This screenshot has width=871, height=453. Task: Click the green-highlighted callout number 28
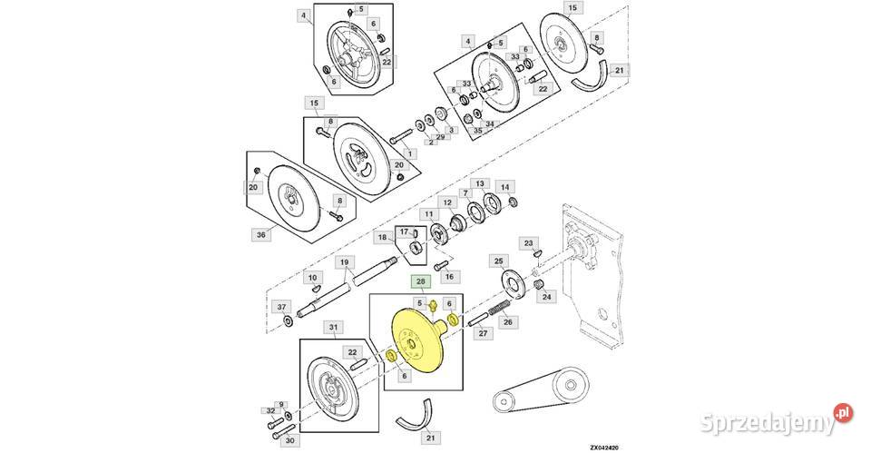pyautogui.click(x=420, y=282)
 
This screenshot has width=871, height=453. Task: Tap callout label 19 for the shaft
pyautogui.click(x=345, y=261)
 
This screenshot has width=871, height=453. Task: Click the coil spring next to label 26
pyautogui.click(x=499, y=309)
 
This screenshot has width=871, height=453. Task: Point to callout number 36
pyautogui.click(x=261, y=234)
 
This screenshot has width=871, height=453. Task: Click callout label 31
pyautogui.click(x=333, y=328)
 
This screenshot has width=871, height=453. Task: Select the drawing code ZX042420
pyautogui.click(x=604, y=448)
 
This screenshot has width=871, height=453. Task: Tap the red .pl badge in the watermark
pyautogui.click(x=843, y=413)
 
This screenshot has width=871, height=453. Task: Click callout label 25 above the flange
pyautogui.click(x=499, y=261)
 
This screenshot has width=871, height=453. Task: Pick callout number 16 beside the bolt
pyautogui.click(x=449, y=276)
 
